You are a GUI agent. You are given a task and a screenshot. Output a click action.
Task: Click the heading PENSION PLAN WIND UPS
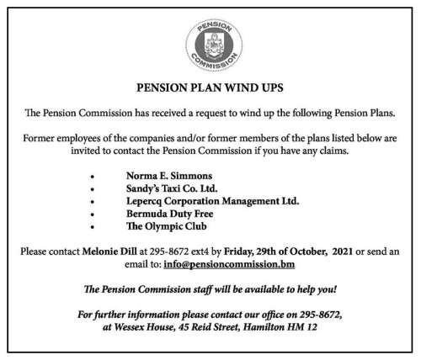point(210,88)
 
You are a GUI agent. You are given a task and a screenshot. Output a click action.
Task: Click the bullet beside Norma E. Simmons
point(91,178)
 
